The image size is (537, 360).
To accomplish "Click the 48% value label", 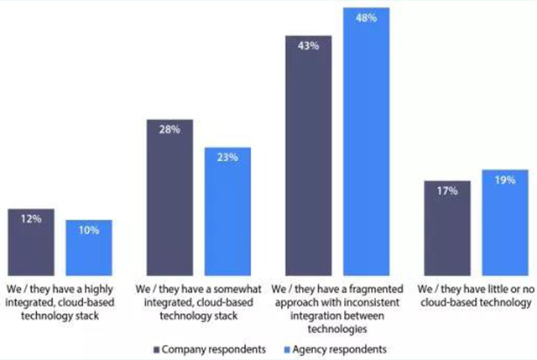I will pos(366,16).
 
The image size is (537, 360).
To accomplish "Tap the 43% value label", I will pos(308,46).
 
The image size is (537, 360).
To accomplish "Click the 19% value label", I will pos(505,180).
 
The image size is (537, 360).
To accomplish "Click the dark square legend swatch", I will pos(156,347).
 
